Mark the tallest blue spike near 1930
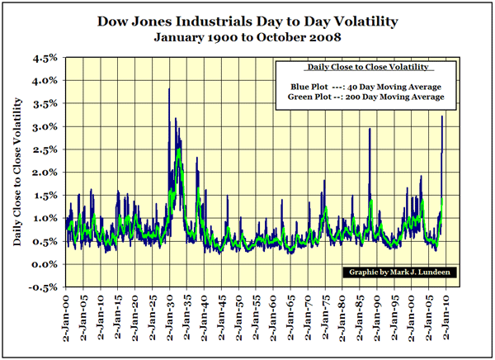tap(168, 89)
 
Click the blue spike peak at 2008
tap(443, 116)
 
